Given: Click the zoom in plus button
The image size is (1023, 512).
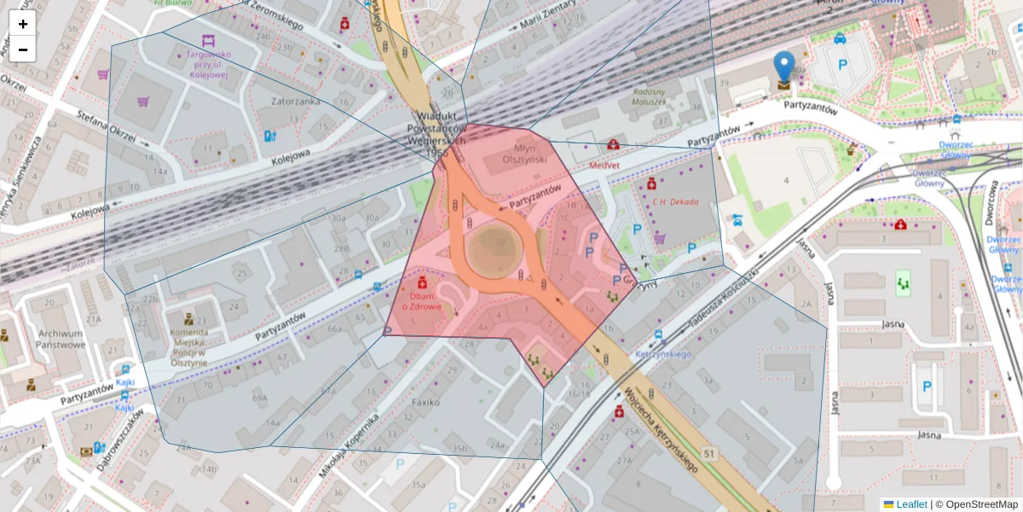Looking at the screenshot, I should click(x=23, y=24).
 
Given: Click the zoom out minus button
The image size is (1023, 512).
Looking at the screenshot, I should click(x=23, y=49).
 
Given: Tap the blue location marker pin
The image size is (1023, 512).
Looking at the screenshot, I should click(x=783, y=67).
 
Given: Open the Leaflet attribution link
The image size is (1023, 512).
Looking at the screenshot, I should click(x=910, y=504).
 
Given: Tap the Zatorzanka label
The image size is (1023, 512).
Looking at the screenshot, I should click(x=296, y=101).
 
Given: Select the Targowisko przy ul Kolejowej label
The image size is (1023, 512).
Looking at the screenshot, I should click(x=208, y=64).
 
